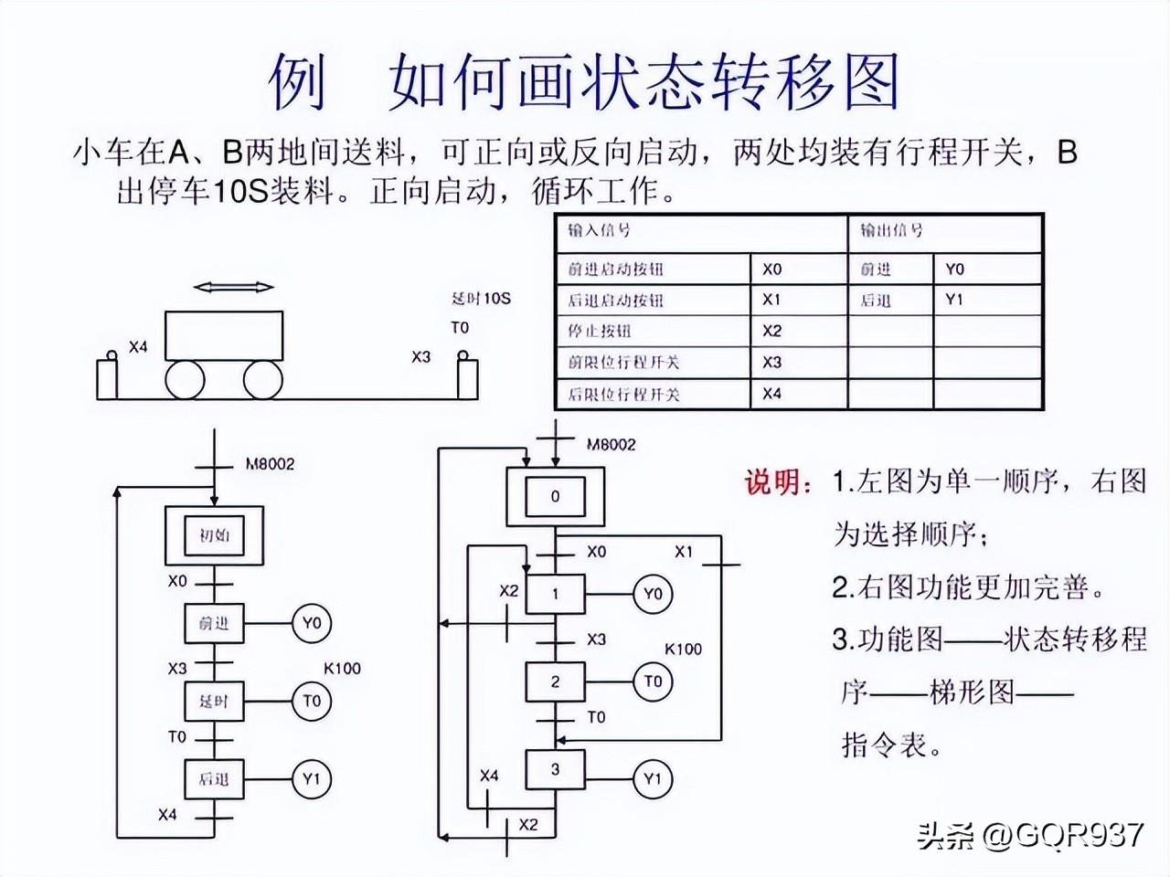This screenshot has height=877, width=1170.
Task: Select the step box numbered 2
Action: pos(555,682)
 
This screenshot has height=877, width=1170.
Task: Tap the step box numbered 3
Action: pos(555,770)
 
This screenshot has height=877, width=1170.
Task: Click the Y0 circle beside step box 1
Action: pos(652,595)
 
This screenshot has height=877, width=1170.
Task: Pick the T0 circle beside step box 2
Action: pos(652,682)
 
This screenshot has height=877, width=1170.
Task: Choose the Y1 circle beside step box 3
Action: pos(652,779)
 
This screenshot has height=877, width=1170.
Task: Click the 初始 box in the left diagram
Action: pos(214,535)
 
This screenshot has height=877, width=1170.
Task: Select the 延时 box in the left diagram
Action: pos(214,702)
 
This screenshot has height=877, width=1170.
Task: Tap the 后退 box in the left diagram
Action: pos(214,779)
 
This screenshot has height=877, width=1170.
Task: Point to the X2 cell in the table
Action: pos(772,331)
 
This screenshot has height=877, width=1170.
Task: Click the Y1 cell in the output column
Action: pos(954,300)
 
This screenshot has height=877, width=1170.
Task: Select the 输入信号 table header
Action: pos(600,231)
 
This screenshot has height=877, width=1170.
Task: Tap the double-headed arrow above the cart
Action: pos(234,287)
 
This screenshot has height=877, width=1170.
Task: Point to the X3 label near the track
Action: pos(420,357)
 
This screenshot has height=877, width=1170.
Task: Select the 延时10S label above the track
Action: pos(481,299)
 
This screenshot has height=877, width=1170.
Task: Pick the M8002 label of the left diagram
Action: pos(270,464)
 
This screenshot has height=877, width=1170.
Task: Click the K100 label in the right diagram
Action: pos(683,650)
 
